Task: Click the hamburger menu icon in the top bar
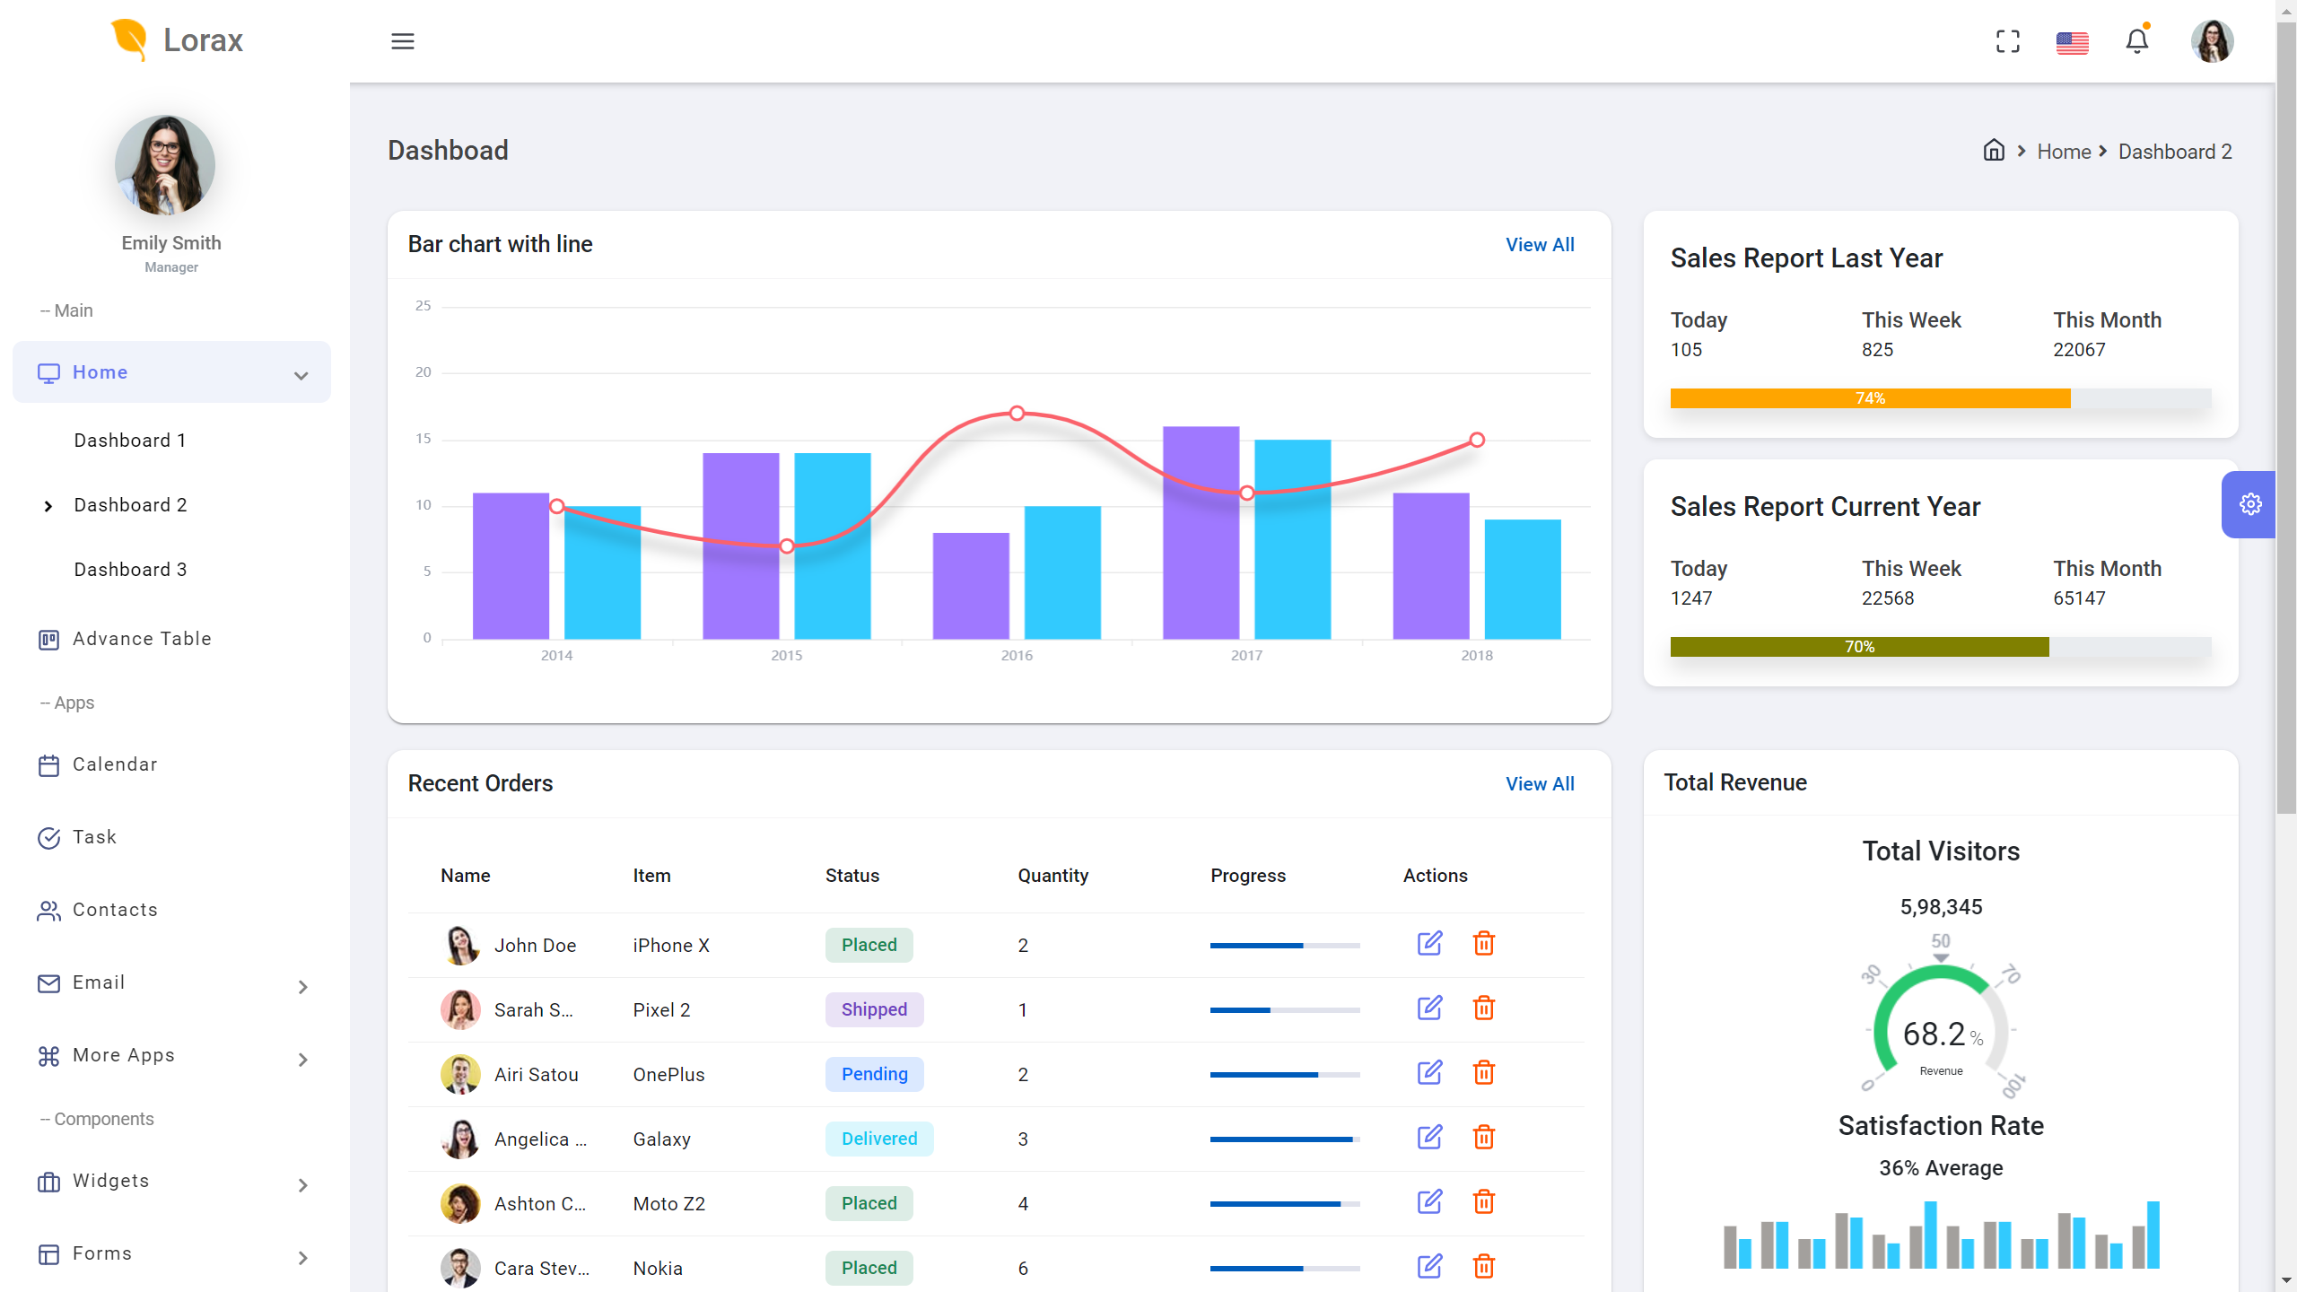click(x=403, y=41)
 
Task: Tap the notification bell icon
click(x=2136, y=41)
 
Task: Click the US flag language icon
click(x=2072, y=42)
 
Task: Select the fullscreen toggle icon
click(x=2008, y=41)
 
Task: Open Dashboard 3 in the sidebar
click(x=130, y=570)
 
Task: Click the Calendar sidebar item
click(x=115, y=764)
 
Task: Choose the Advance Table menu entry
click(x=142, y=639)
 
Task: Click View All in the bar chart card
click(x=1540, y=245)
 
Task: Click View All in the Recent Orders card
click(x=1540, y=784)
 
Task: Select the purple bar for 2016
click(x=971, y=586)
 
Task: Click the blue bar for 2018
click(x=1523, y=579)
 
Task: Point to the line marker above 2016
click(x=1017, y=414)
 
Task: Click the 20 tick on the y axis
click(x=424, y=372)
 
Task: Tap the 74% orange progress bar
click(x=1870, y=398)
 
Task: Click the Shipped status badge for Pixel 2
click(x=874, y=1009)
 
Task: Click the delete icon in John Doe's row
click(x=1484, y=944)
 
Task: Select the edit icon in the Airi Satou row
click(x=1429, y=1073)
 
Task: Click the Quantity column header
click(x=1052, y=876)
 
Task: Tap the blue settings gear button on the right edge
click(x=2249, y=504)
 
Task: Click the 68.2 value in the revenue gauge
click(x=1934, y=1034)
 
